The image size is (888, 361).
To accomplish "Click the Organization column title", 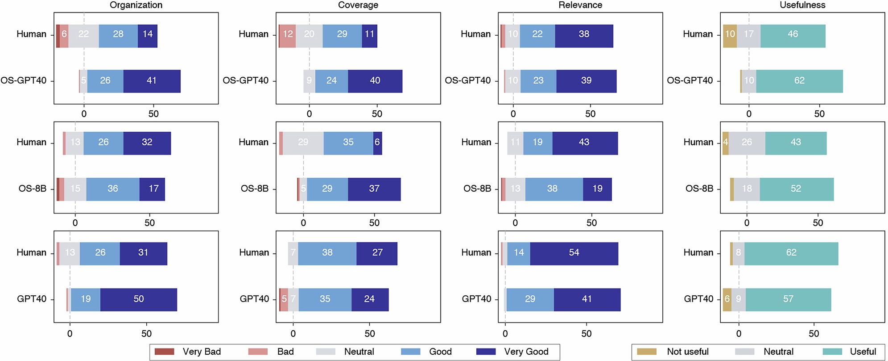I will point(136,5).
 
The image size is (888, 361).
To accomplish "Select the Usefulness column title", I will point(802,5).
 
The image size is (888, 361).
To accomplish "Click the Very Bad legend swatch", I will point(164,352).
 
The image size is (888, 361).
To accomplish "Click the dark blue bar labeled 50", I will point(139,299).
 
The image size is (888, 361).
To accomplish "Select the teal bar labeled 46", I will point(793,34).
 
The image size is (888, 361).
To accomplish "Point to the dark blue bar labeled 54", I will point(574,253).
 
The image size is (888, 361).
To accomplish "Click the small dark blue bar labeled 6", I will point(377,143).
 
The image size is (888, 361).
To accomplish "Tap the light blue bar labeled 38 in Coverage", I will point(327,253).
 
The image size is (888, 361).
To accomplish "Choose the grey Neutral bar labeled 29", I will point(303,143).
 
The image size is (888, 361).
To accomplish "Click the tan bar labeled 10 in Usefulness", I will point(730,34).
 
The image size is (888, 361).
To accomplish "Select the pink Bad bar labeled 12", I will point(288,34).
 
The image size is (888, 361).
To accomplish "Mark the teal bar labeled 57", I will point(788,299).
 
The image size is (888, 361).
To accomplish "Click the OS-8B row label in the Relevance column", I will point(477,189).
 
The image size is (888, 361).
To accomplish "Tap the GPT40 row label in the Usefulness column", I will point(698,299).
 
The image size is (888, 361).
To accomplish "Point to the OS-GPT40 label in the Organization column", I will point(24,81).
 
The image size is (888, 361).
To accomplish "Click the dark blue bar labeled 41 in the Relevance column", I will point(587,299).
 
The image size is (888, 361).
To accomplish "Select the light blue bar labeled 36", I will point(112,189).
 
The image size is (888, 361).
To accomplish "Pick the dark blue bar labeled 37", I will point(374,189).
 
